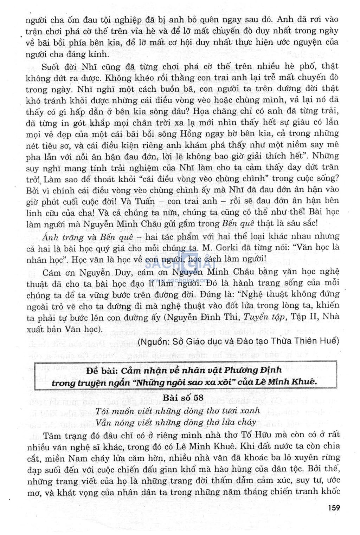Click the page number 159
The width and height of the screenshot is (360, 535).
pos(334,507)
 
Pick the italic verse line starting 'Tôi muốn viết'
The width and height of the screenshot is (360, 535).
pos(178,411)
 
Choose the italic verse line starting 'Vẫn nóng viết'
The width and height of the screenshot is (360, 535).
pos(175,422)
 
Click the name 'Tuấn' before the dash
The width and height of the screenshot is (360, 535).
pos(144,201)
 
